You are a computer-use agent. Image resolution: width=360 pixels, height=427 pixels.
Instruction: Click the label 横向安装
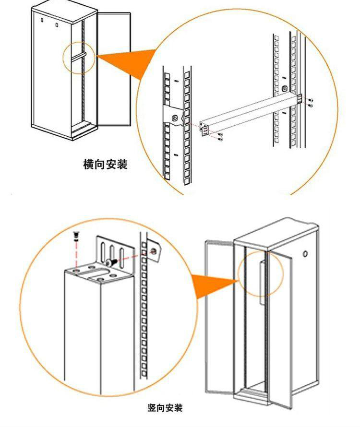105,165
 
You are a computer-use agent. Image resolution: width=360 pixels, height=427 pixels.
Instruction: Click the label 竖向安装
165,408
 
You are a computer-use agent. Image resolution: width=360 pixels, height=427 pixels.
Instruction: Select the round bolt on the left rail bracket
175,119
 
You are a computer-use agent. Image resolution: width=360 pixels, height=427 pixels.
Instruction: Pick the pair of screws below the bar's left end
220,138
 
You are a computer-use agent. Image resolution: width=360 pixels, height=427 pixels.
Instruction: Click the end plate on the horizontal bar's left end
204,129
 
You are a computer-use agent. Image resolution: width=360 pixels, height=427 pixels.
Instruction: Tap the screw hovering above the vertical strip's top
76,236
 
